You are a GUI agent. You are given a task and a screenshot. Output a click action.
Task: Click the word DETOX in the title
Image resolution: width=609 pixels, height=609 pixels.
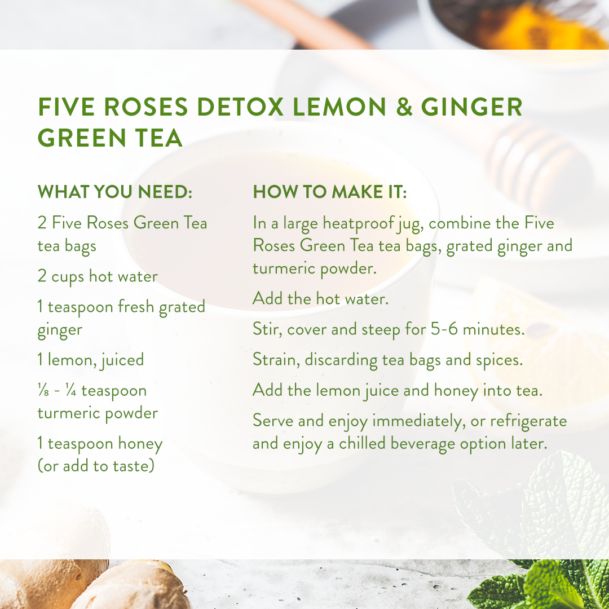pyautogui.click(x=241, y=107)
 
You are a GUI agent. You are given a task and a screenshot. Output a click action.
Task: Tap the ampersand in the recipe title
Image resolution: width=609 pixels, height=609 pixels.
pyautogui.click(x=404, y=107)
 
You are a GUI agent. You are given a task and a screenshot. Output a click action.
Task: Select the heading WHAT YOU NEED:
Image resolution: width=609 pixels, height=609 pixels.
pyautogui.click(x=115, y=192)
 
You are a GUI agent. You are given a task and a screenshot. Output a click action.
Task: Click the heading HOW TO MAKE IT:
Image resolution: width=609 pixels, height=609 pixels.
pyautogui.click(x=330, y=192)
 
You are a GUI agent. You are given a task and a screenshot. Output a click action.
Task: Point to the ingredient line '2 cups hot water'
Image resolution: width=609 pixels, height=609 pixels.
pyautogui.click(x=98, y=276)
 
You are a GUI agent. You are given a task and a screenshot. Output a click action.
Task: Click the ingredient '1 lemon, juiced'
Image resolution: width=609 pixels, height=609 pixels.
pyautogui.click(x=91, y=360)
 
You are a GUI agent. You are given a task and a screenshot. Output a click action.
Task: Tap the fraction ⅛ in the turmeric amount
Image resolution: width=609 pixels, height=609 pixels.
pyautogui.click(x=43, y=390)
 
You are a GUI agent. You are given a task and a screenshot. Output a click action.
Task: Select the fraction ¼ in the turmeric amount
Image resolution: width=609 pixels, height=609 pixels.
pyautogui.click(x=70, y=390)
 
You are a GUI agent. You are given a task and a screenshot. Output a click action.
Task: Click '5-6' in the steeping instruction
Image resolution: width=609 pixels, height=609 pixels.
pyautogui.click(x=444, y=329)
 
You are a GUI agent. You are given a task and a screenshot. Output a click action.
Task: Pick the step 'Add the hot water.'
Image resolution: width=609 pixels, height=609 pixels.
pyautogui.click(x=320, y=299)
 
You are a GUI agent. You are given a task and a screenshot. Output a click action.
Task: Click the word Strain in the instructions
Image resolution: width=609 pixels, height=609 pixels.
pyautogui.click(x=276, y=360)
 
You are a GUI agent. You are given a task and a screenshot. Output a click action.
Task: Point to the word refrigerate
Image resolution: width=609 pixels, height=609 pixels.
pyautogui.click(x=528, y=421)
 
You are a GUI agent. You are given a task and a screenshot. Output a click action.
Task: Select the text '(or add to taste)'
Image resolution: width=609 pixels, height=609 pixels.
pyautogui.click(x=96, y=466)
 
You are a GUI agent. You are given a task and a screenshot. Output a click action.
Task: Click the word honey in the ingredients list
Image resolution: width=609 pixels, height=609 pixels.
pyautogui.click(x=140, y=444)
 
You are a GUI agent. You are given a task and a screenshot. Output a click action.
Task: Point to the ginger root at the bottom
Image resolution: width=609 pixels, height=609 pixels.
pyautogui.click(x=97, y=585)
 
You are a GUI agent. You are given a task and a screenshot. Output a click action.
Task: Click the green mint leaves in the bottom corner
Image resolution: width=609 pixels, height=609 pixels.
pyautogui.click(x=544, y=585)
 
